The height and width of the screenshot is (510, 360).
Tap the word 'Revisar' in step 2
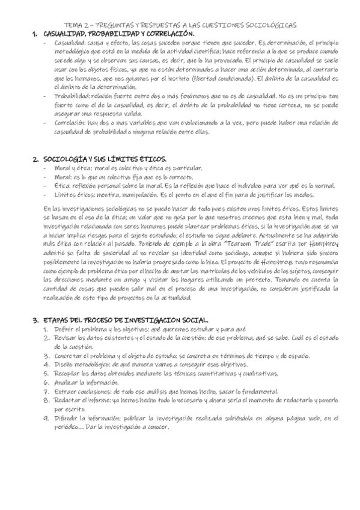[64, 338]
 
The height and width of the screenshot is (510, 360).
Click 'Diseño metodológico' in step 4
[82, 364]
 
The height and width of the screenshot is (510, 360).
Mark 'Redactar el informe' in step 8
[81, 400]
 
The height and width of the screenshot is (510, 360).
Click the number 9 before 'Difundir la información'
[46, 419]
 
